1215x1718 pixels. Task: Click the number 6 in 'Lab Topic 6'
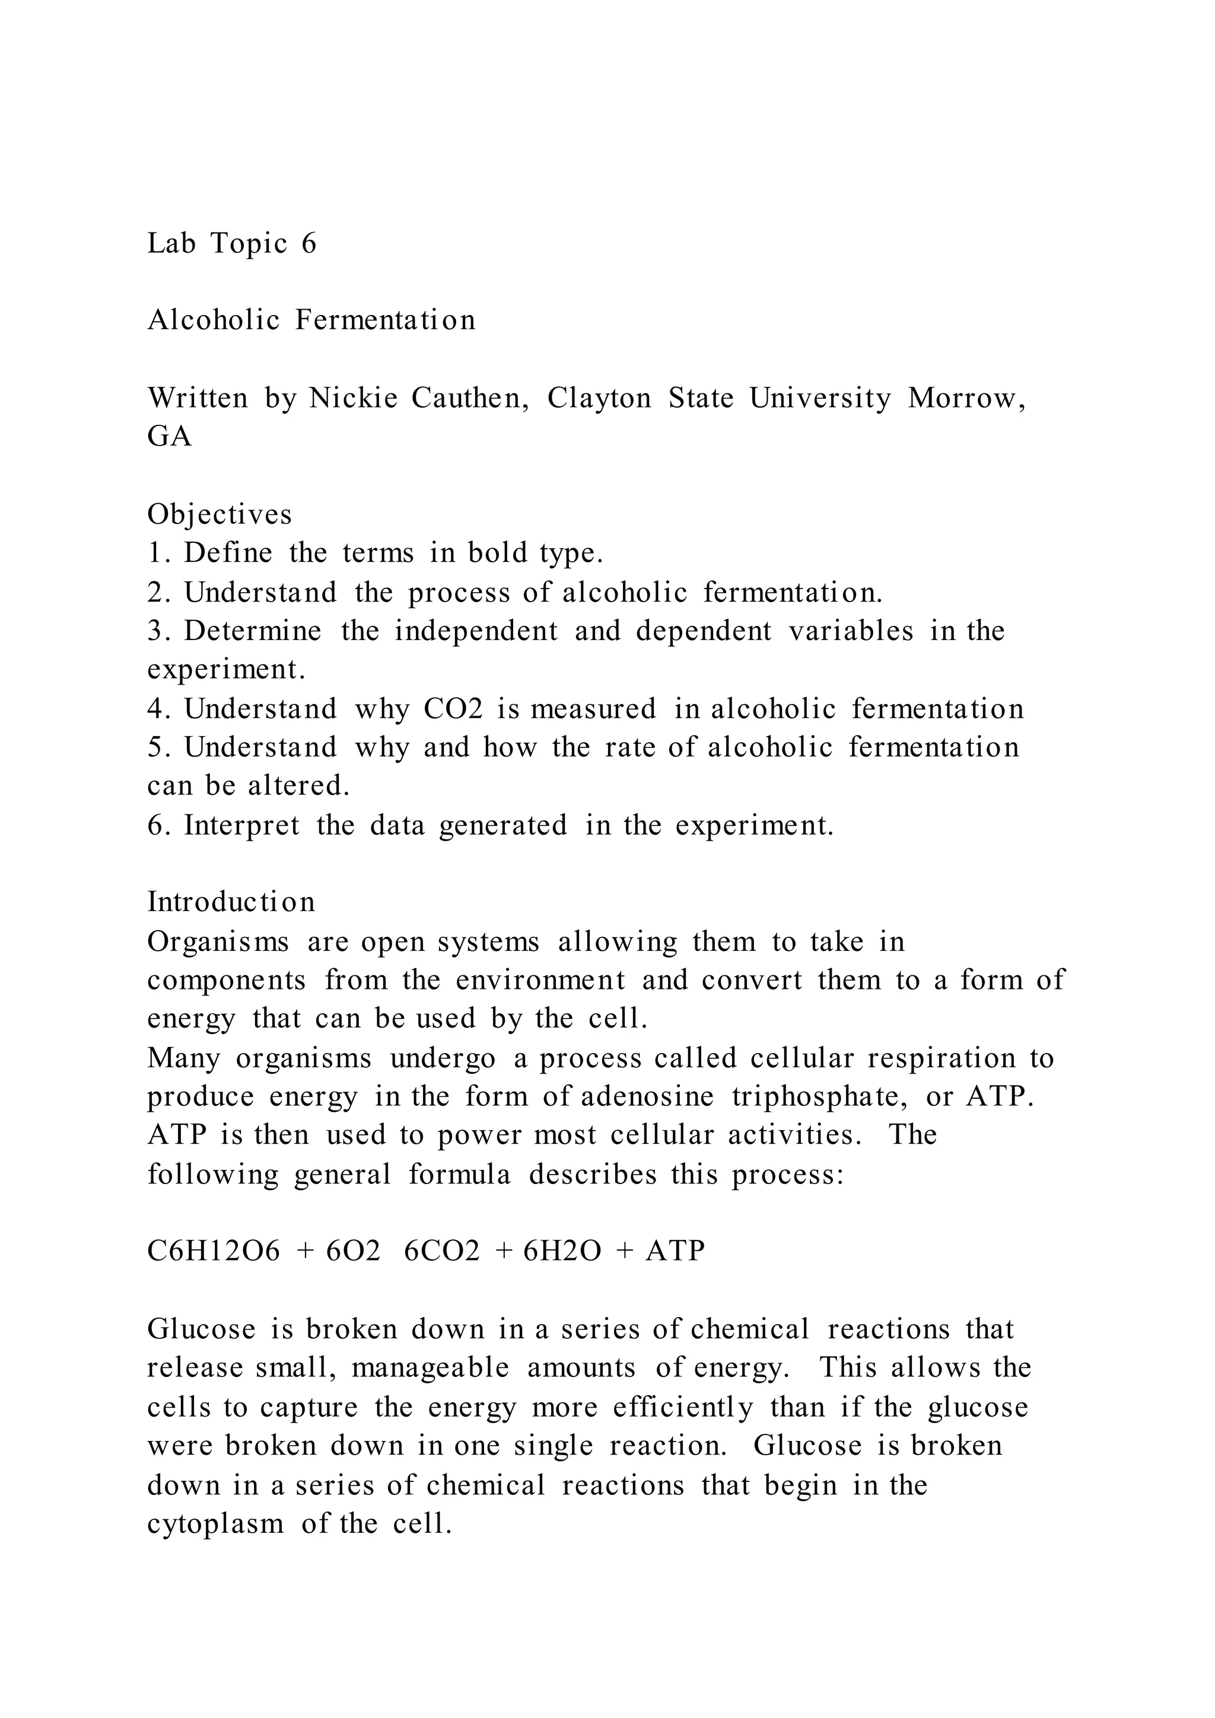(x=309, y=243)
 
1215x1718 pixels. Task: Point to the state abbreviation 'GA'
(x=170, y=436)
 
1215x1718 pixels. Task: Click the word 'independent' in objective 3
(x=476, y=631)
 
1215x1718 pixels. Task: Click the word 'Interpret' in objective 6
(x=241, y=825)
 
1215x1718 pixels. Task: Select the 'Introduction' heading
(x=231, y=902)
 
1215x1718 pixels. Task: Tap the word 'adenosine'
(x=647, y=1096)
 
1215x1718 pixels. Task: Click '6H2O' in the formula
(x=562, y=1251)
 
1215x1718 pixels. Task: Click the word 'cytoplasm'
(x=215, y=1523)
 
